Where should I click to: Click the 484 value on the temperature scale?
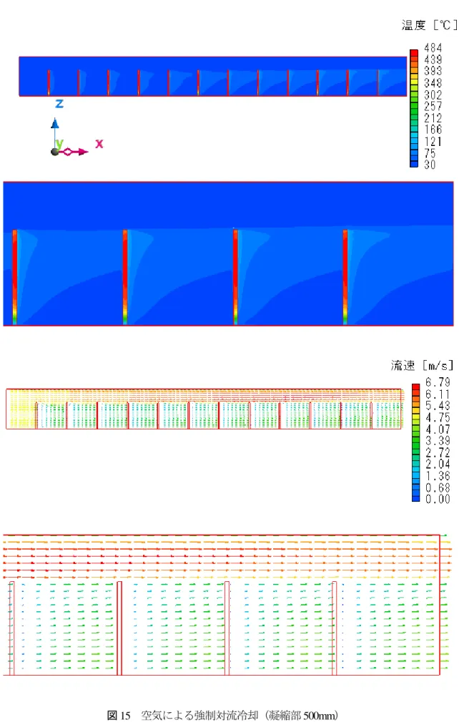(433, 48)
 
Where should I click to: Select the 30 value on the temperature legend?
(430, 165)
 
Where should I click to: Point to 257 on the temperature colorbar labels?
(433, 107)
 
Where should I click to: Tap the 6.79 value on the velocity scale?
(438, 382)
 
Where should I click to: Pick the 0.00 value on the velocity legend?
(438, 499)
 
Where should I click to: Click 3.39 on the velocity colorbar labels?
(438, 441)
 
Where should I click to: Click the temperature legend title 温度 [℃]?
(429, 25)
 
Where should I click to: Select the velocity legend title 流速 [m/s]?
(422, 366)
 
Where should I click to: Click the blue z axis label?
(59, 104)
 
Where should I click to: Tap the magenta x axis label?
(99, 144)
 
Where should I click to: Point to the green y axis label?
(59, 144)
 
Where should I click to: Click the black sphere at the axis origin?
(55, 152)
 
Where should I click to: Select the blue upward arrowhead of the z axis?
(55, 123)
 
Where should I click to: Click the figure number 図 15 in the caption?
(119, 715)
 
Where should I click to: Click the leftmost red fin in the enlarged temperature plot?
(15, 277)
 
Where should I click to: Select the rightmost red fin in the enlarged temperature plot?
(345, 277)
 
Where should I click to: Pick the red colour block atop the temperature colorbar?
(414, 53)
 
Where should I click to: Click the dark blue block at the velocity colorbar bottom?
(415, 498)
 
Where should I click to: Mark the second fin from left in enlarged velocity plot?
(119, 628)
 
